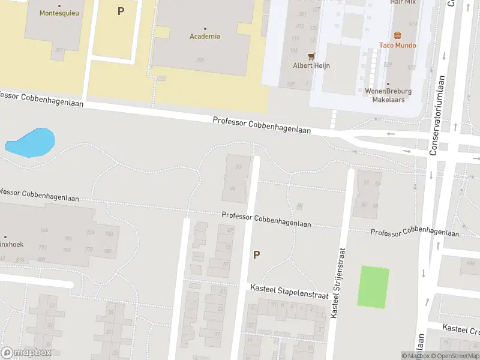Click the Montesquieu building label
(59, 13)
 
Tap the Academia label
(205, 36)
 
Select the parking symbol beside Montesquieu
(121, 11)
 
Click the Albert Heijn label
(311, 65)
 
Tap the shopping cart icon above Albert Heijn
(311, 56)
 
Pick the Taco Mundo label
(397, 45)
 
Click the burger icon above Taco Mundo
(397, 35)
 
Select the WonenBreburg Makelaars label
(388, 95)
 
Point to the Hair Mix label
(403, 2)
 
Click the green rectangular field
(373, 287)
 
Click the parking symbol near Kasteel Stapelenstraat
(256, 254)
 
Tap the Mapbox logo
(26, 353)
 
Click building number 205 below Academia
(200, 60)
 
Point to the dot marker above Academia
(205, 28)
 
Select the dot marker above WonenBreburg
(388, 84)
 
